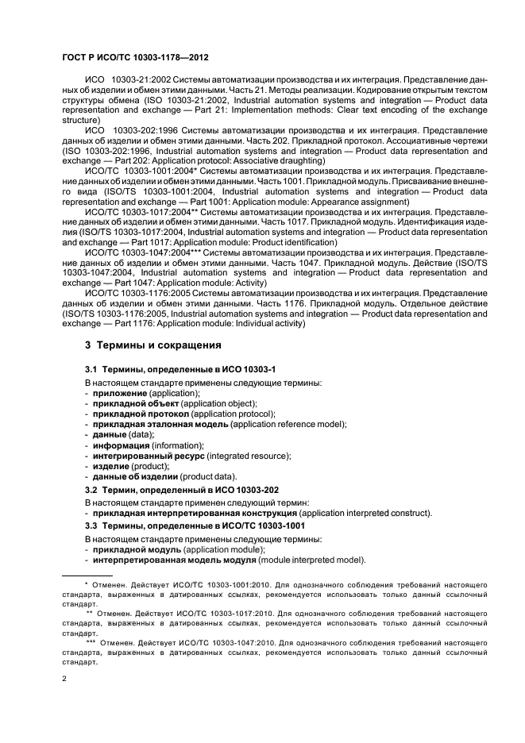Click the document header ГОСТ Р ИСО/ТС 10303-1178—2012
(135, 57)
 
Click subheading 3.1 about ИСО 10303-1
(180, 371)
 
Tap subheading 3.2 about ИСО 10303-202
(182, 491)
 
